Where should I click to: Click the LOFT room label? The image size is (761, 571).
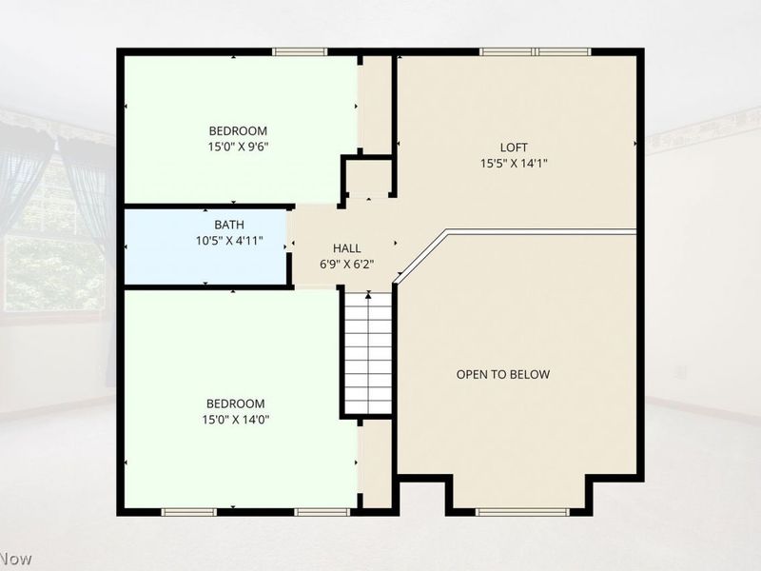514,148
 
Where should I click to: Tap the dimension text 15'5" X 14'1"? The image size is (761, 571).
514,163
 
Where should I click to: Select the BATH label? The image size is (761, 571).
229,225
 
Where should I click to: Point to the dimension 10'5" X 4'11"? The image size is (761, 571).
229,241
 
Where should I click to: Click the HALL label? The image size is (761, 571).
346,248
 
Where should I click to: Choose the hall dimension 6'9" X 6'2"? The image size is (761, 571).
346,265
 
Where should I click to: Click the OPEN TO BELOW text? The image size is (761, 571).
503,374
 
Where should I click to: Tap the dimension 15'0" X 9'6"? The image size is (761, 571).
238,147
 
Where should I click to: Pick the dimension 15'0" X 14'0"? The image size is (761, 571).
236,420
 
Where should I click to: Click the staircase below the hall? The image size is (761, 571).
368,353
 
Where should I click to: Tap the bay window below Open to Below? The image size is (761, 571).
521,512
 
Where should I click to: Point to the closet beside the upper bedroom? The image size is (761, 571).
375,105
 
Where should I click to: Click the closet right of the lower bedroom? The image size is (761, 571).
377,463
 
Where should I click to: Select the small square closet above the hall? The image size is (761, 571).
368,178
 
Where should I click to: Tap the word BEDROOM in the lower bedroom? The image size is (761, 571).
236,404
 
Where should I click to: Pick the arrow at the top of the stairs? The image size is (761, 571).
368,295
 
